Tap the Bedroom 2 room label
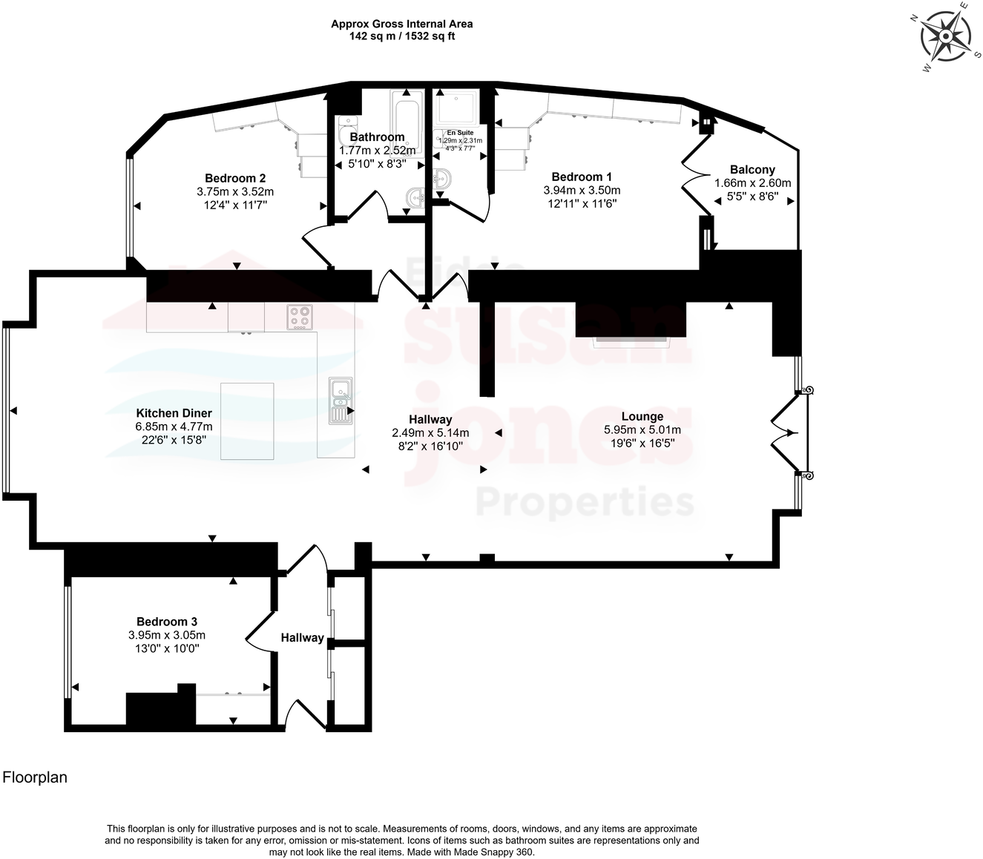[x=235, y=178]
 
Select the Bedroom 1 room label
[x=582, y=177]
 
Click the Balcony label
[x=752, y=170]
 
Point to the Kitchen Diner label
[x=174, y=413]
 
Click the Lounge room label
[x=642, y=417]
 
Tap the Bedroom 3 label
[x=167, y=622]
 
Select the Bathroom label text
[x=377, y=137]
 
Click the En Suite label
[x=460, y=133]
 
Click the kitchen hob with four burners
[x=300, y=317]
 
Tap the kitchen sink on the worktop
[x=341, y=400]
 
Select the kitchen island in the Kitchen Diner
[x=247, y=421]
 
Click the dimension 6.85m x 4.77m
[x=174, y=427]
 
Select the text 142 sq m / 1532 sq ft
[x=401, y=36]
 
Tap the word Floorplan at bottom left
[x=35, y=777]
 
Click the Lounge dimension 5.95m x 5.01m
[x=642, y=430]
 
